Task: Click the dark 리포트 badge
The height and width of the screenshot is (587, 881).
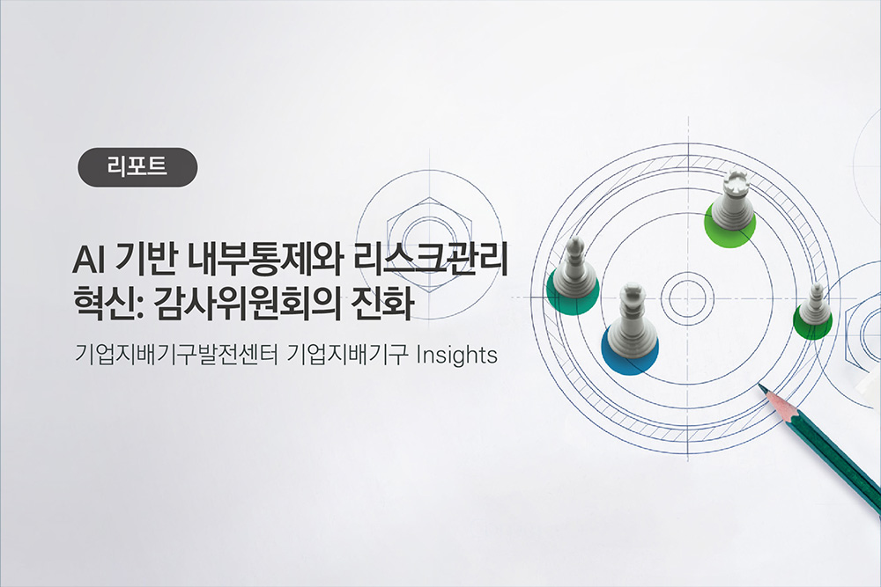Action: coord(137,166)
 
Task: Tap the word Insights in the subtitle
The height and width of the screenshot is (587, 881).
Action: coord(456,356)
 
